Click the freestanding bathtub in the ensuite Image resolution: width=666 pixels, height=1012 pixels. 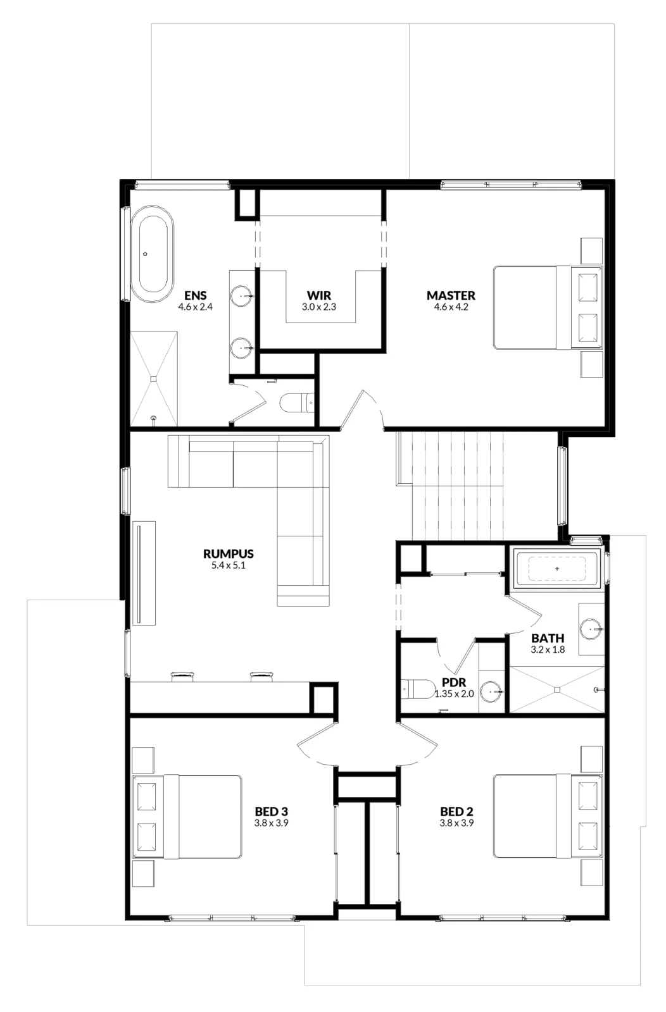(153, 254)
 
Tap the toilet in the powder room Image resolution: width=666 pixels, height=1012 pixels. (413, 689)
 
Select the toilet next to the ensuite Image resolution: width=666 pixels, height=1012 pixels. (297, 403)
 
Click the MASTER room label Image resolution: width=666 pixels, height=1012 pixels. (451, 295)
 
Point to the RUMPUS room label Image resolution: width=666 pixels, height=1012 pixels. (229, 553)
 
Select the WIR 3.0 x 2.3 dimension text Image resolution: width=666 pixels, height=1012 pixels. (319, 307)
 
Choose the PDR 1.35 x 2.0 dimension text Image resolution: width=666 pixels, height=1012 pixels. (454, 693)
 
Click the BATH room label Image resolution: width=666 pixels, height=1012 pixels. (548, 638)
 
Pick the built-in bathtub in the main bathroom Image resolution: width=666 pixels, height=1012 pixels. (557, 569)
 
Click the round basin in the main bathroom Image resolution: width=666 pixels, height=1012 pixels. (591, 629)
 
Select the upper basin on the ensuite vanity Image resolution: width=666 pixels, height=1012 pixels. (242, 297)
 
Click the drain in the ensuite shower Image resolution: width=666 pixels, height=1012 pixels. (154, 379)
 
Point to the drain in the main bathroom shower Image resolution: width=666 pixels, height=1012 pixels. (557, 689)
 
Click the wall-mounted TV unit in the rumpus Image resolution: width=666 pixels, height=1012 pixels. (144, 573)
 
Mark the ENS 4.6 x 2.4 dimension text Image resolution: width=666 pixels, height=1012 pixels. (196, 307)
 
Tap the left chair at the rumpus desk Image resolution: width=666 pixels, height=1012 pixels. (183, 676)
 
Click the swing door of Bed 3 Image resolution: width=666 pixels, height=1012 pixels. (317, 744)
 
